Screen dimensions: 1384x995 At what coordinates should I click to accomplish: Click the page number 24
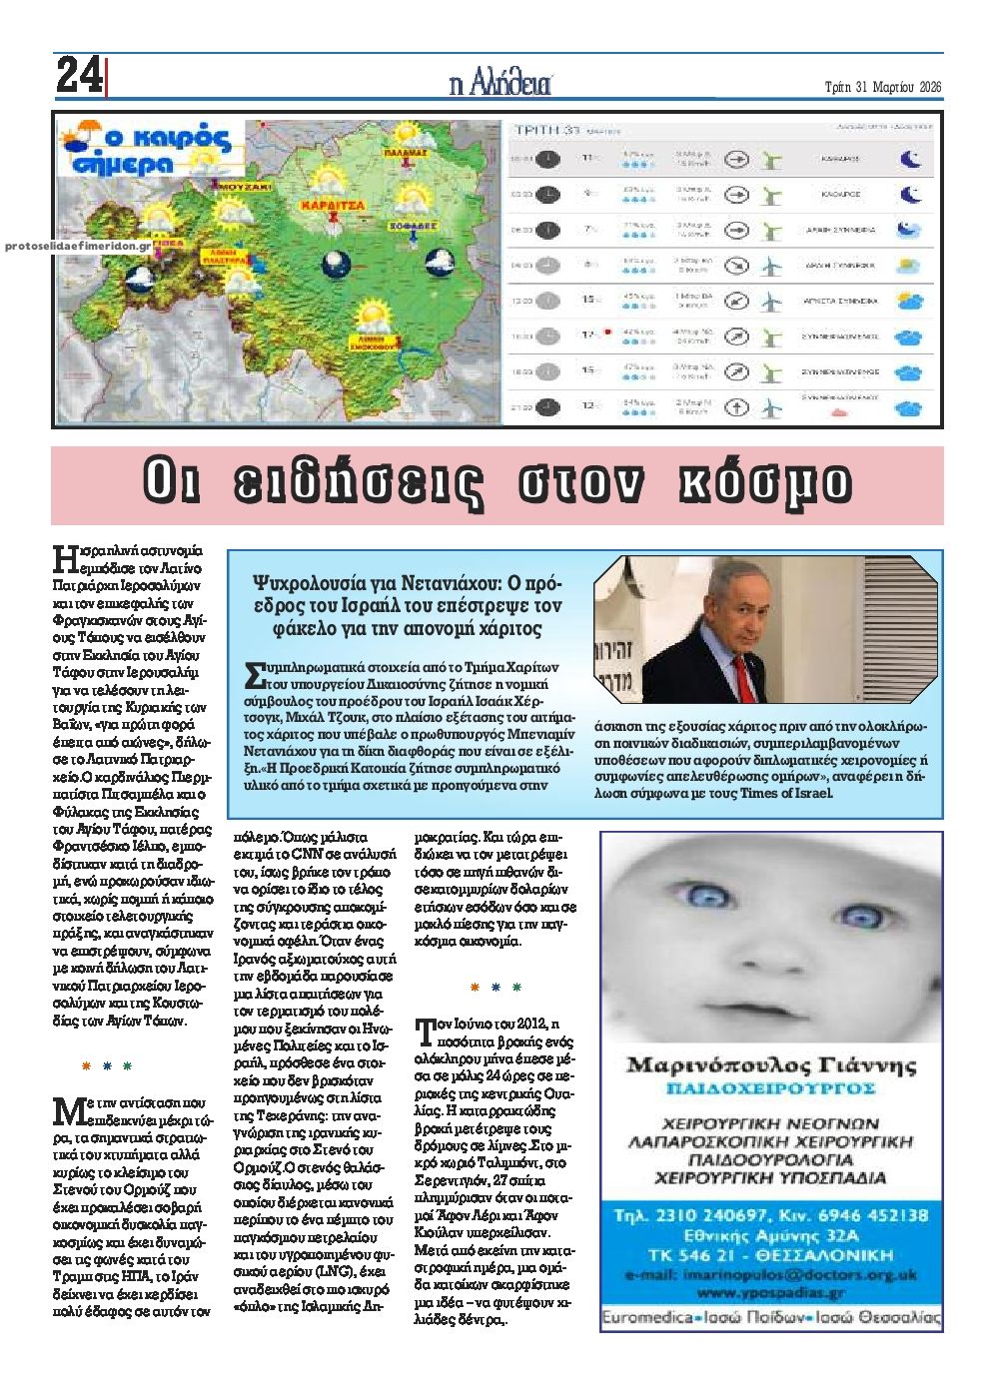(78, 76)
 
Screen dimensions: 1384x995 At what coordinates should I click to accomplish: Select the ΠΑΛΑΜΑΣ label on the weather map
(413, 153)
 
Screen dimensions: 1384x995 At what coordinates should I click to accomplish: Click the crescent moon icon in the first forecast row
(909, 158)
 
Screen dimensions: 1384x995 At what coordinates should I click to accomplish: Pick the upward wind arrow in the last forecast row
(736, 406)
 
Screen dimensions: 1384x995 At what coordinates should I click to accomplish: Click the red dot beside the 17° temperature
(606, 332)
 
